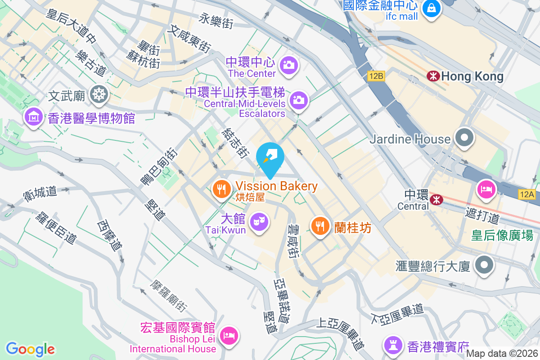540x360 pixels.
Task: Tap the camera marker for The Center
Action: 288,65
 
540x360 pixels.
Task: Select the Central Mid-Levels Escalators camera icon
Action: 299,100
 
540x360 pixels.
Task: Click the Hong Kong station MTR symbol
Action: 433,76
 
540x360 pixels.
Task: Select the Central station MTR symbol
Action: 436,199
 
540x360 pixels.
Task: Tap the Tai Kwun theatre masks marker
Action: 259,221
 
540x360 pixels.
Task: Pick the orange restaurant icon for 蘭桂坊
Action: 320,225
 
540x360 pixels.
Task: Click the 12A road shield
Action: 526,194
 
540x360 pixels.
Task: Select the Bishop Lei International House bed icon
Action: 229,335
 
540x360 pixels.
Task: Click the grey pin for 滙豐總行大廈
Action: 484,265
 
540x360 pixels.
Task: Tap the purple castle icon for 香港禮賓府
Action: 393,345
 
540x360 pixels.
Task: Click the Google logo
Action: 30,349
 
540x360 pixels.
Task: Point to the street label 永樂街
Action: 217,21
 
